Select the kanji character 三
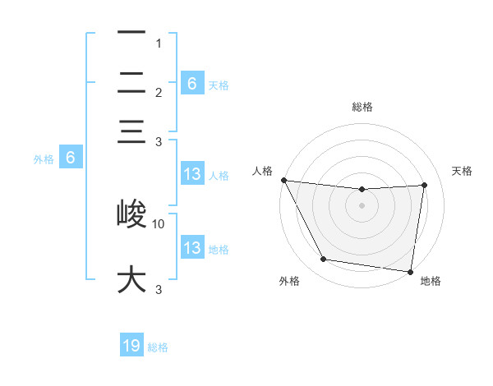(131, 132)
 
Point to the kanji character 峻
(131, 214)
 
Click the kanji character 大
(131, 278)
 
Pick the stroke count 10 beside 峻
(159, 223)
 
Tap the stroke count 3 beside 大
(159, 289)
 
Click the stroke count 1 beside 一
(159, 43)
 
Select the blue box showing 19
(131, 346)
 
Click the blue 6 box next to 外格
(71, 159)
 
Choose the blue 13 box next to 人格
(191, 174)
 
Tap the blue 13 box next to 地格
(191, 248)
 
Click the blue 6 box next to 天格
(191, 83)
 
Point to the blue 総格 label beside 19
(159, 347)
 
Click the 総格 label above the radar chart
(362, 107)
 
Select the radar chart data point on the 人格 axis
(283, 180)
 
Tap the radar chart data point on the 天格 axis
(425, 185)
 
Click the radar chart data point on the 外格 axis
(323, 260)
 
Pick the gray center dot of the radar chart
(362, 205)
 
